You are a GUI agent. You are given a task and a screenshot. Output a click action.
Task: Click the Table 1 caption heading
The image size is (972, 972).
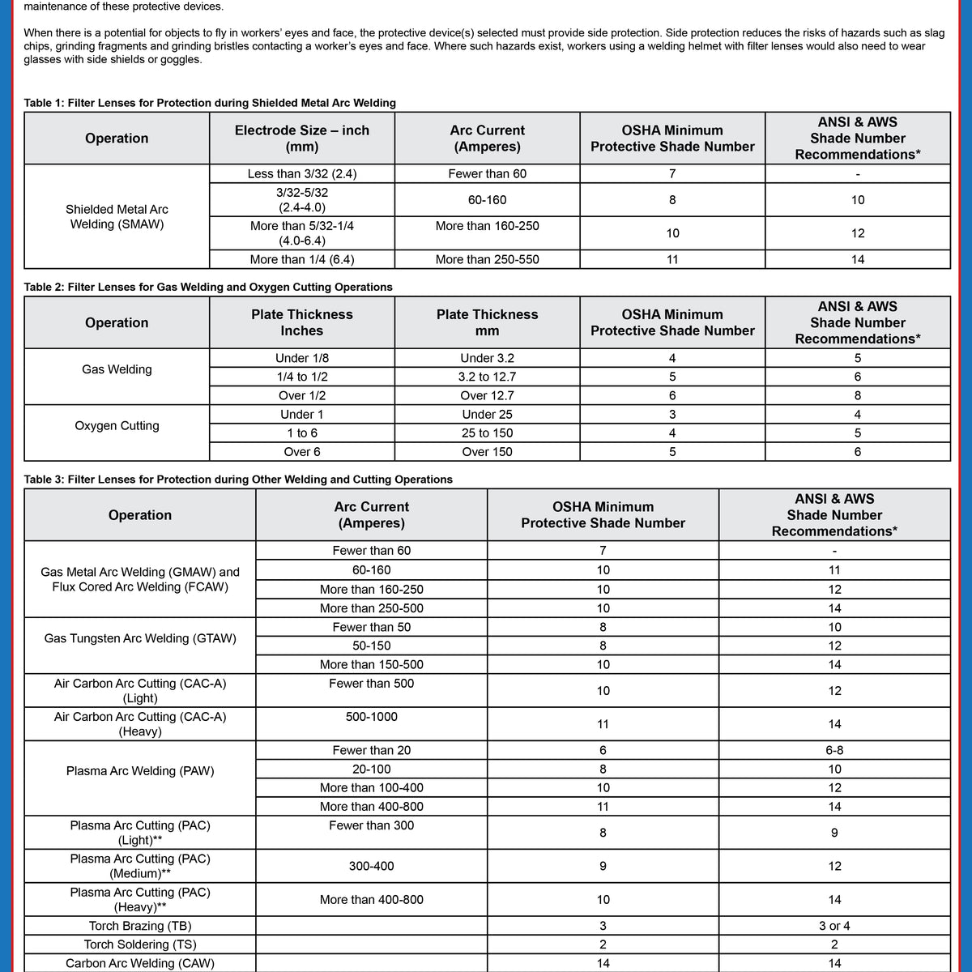210,103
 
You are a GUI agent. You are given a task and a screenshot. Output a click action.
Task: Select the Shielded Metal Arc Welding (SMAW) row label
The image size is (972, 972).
117,216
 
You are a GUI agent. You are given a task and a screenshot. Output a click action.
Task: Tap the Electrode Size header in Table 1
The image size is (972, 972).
301,139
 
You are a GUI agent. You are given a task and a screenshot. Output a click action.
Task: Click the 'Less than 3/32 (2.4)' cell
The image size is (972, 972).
301,173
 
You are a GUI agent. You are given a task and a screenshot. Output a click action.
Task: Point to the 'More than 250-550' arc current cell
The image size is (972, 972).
487,259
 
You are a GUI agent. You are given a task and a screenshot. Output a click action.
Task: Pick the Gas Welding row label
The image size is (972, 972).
117,369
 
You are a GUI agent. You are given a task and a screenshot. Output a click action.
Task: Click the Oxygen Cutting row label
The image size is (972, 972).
117,426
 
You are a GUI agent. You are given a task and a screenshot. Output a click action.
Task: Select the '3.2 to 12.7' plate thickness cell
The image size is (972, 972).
487,377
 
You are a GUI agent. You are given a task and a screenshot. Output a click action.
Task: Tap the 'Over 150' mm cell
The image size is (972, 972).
487,452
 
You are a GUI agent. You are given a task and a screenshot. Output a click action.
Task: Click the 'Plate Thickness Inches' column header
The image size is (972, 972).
301,322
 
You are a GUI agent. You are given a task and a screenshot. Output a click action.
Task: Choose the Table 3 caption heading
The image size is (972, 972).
238,480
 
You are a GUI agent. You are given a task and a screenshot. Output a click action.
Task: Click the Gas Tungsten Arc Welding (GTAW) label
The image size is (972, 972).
140,638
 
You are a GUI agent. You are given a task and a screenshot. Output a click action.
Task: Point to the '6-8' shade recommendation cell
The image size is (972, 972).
834,750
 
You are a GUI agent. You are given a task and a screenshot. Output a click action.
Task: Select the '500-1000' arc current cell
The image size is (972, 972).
371,717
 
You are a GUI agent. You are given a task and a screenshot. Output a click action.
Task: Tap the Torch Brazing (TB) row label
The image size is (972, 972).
140,926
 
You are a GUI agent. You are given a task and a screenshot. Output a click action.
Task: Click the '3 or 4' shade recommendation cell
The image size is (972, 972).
834,926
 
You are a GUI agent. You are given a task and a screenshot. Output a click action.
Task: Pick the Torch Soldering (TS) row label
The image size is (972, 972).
140,944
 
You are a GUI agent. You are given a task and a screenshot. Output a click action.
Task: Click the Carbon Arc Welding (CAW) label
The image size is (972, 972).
140,963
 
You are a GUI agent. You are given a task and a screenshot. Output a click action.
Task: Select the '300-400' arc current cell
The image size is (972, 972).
371,866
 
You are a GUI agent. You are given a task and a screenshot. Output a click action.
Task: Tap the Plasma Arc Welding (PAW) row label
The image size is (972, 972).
140,771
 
